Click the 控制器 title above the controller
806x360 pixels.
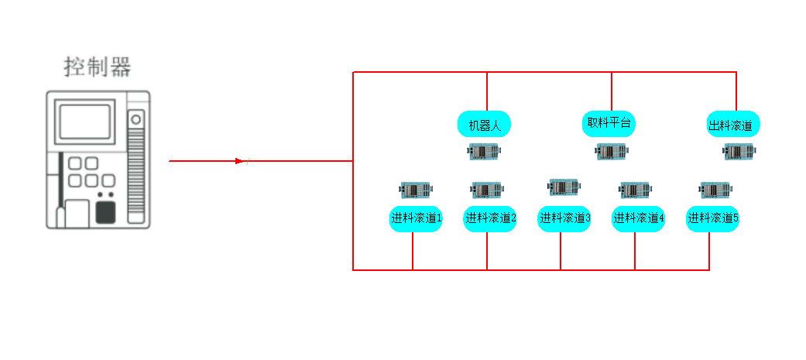pos(98,67)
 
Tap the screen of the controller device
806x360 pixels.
pos(85,122)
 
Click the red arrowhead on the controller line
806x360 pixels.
pos(240,161)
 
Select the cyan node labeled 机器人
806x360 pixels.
pos(485,125)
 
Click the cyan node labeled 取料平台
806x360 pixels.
pos(609,123)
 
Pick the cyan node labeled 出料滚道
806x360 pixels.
pos(732,125)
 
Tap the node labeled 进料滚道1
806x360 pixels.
pos(416,219)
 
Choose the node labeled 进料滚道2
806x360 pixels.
pos(490,219)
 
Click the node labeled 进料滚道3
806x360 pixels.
pos(564,219)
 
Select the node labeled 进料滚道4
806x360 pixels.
pos(639,219)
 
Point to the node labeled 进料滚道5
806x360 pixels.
pos(713,219)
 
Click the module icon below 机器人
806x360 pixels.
pos(485,151)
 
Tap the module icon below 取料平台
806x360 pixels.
pos(611,151)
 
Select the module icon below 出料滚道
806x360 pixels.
pos(739,151)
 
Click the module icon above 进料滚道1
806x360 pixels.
pos(417,189)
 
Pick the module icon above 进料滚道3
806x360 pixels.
pos(564,187)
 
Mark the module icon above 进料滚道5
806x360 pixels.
pos(716,189)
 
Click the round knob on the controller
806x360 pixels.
pos(136,119)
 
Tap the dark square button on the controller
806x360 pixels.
pos(105,211)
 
